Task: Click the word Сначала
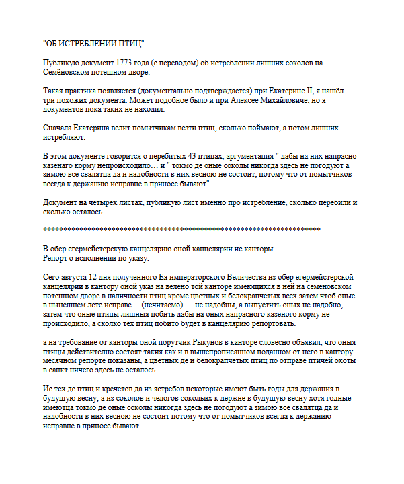[x=59, y=127]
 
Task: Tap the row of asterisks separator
[x=181, y=230]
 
